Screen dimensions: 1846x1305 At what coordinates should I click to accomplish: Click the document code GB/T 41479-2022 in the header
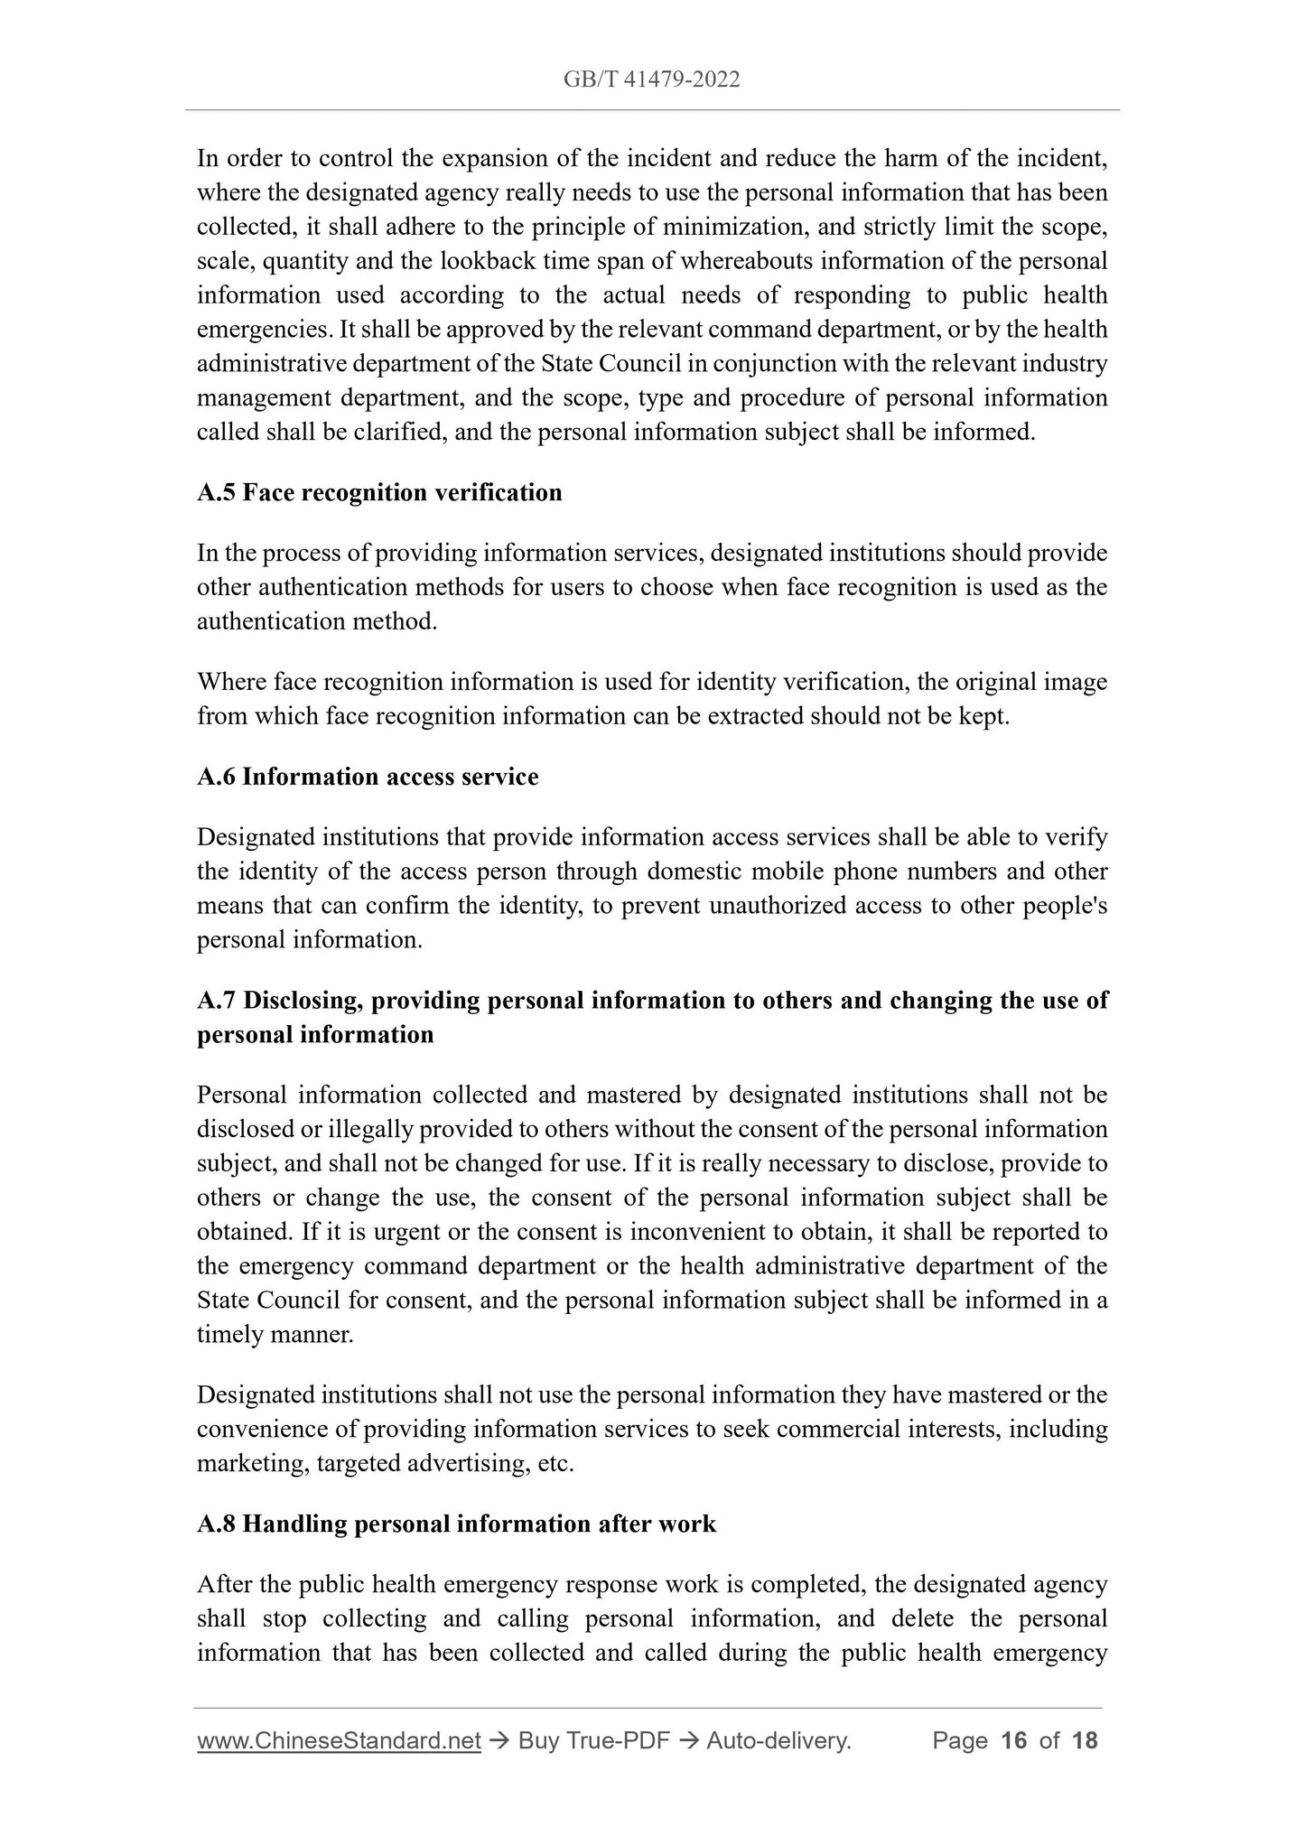[651, 79]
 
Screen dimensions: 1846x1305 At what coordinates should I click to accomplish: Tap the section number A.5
[216, 493]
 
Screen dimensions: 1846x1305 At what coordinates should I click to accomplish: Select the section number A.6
[216, 777]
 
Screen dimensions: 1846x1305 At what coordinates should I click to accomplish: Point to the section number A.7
[217, 1001]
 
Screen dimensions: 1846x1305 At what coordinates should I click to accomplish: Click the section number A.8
[217, 1524]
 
